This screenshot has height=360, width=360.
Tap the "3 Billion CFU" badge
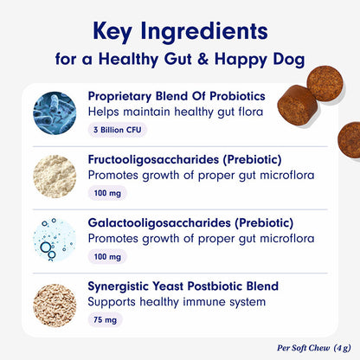pyautogui.click(x=119, y=130)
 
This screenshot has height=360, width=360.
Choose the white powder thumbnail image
pyautogui.click(x=55, y=179)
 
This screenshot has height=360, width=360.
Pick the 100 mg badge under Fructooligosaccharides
pyautogui.click(x=106, y=195)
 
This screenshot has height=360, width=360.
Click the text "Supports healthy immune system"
pyautogui.click(x=170, y=303)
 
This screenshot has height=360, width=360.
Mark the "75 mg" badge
pyautogui.click(x=105, y=320)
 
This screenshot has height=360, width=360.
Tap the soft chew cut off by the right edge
pyautogui.click(x=350, y=139)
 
